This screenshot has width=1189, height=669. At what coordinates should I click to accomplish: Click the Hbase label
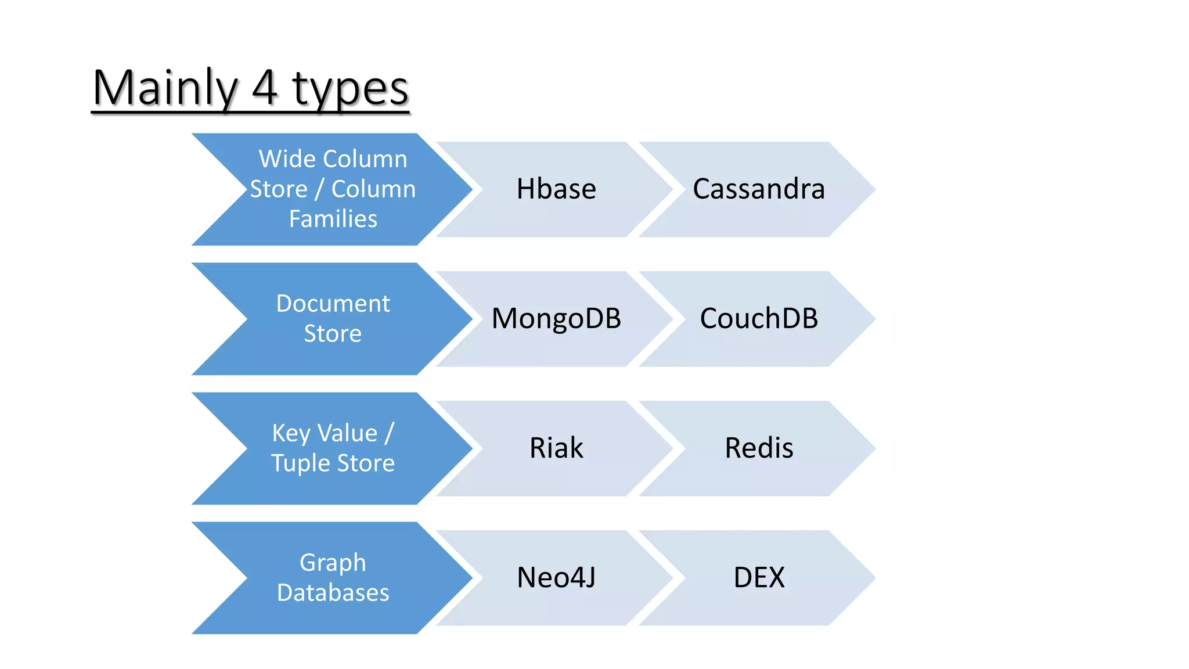point(556,189)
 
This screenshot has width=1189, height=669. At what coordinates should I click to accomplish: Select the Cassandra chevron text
point(758,189)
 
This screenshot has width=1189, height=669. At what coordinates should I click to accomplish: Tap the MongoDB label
point(556,319)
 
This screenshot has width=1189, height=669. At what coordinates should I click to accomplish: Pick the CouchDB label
point(758,319)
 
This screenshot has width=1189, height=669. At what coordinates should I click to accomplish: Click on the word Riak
point(556,448)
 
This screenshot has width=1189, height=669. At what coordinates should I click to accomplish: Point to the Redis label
point(758,448)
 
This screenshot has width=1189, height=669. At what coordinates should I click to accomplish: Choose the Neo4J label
point(556,578)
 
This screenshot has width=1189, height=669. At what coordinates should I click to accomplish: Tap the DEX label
point(758,578)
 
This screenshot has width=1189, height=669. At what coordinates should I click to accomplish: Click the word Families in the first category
point(333,220)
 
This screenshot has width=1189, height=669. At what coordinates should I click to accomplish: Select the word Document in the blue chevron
point(333,304)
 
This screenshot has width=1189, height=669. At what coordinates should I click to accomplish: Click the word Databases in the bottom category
point(333,593)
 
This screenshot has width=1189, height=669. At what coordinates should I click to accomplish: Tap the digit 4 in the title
point(265,88)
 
